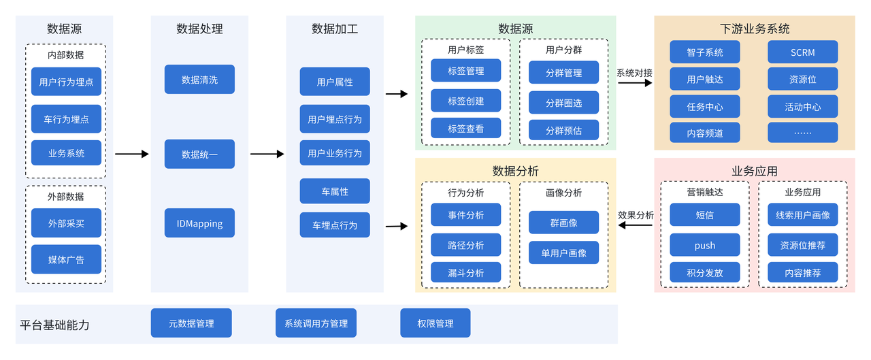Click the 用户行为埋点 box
coord(66,82)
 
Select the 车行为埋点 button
coord(66,118)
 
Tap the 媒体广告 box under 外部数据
coord(66,259)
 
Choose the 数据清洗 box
coord(199,80)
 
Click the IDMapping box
coord(199,223)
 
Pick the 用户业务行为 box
coord(335,153)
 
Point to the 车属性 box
coord(335,191)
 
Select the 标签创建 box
coord(465,101)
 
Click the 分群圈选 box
coord(563,103)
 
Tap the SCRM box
coord(802,52)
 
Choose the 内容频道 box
coord(704,133)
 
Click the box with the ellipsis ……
coord(802,133)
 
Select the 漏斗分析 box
coord(465,272)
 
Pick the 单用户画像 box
coord(563,252)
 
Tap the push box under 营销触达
coord(704,245)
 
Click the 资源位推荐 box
coord(802,245)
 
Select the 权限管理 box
coord(435,323)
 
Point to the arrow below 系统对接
coord(634,82)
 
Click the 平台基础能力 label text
coord(54,325)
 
